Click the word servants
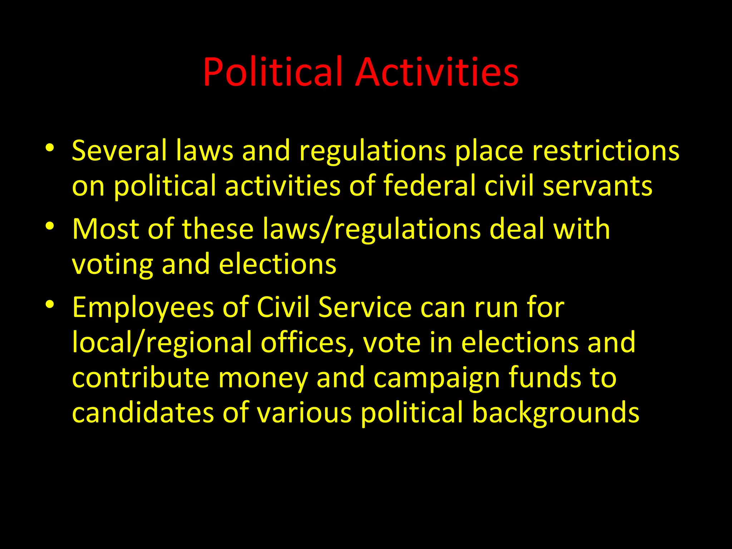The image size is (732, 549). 597,186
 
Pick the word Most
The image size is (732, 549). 105,229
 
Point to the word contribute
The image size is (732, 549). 140,378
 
